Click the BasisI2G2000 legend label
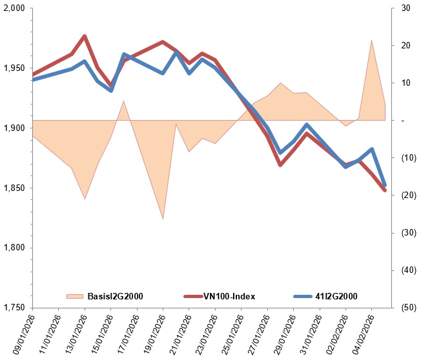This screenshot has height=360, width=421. tap(115, 296)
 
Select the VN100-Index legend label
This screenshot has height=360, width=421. tap(229, 296)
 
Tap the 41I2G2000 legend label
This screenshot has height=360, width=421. tap(336, 296)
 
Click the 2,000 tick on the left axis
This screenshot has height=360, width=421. tap(14, 8)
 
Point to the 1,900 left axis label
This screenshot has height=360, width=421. tap(14, 128)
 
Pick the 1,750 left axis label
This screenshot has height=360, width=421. tap(14, 308)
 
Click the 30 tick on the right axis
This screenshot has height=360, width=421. tap(406, 8)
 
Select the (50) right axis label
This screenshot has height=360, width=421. tap(409, 308)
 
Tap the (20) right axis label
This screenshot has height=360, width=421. tap(409, 195)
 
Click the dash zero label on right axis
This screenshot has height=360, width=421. tap(403, 121)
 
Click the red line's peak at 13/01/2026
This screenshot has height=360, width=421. tap(85, 36)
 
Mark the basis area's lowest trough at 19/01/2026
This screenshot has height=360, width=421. tap(163, 219)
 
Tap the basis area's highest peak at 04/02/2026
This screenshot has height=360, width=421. tap(371, 41)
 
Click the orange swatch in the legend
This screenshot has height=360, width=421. tap(75, 296)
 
